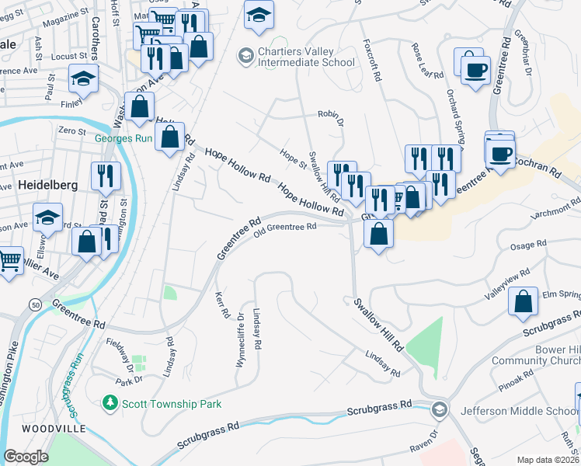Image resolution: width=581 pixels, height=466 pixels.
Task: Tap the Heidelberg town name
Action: [x=41, y=186]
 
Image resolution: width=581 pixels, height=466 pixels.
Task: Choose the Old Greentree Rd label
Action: [x=284, y=227]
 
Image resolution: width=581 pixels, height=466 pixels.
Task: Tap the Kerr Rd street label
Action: [x=223, y=305]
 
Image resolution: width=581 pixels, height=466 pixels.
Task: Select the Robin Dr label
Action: [x=329, y=114]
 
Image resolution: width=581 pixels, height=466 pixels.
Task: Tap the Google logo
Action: [x=26, y=457]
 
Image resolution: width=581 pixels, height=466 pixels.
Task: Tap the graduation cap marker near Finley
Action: [x=82, y=78]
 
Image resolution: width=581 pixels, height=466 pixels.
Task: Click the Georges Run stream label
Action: [x=118, y=139]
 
